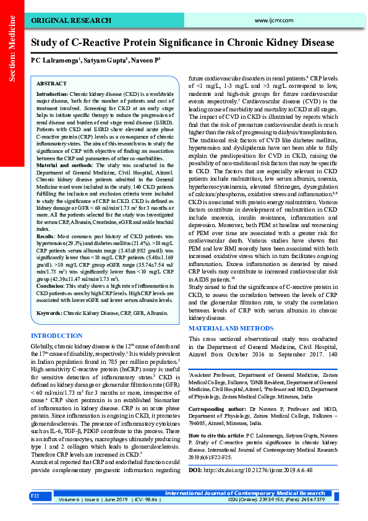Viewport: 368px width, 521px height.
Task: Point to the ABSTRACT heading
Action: pyautogui.click(x=51, y=83)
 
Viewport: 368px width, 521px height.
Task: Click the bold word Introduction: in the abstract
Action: pyautogui.click(x=52, y=94)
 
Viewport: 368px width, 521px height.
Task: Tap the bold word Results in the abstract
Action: pyautogui.click(x=46, y=219)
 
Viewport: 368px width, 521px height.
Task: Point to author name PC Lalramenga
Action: pyautogui.click(x=54, y=61)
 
